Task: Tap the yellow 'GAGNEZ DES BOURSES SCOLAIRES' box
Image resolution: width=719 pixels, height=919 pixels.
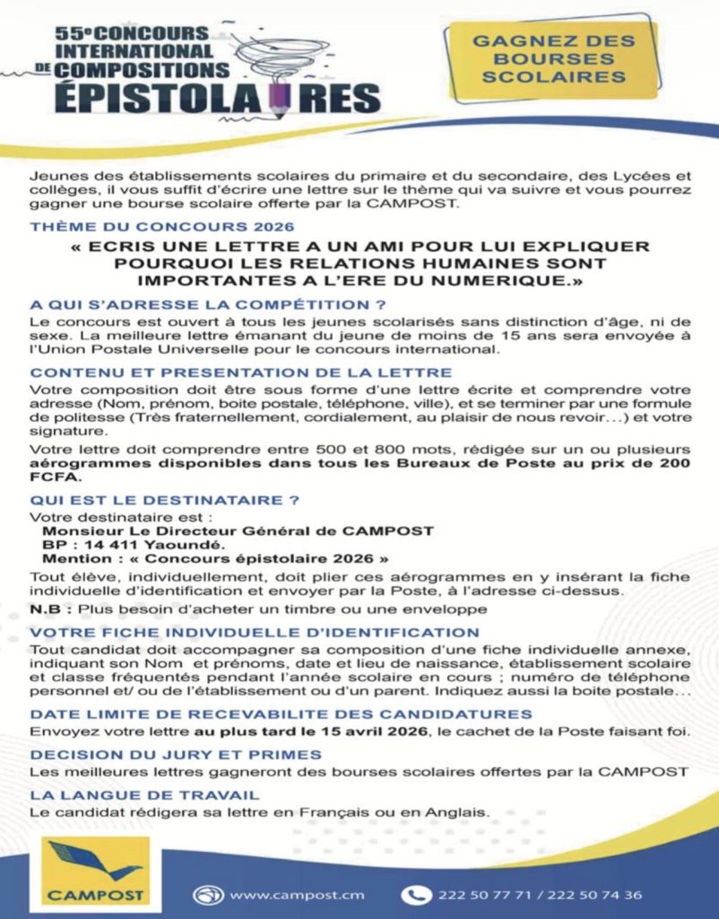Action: pyautogui.click(x=553, y=59)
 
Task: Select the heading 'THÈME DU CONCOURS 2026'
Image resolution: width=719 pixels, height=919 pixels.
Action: pyautogui.click(x=161, y=227)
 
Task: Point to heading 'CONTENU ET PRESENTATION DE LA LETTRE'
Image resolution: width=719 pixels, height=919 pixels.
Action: pyautogui.click(x=240, y=372)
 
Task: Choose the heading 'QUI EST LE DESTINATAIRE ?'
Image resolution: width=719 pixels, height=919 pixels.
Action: pyautogui.click(x=164, y=499)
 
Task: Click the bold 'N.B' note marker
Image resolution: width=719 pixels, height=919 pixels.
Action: pyautogui.click(x=45, y=609)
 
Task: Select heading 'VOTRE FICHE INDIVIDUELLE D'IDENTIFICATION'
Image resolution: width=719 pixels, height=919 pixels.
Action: pyautogui.click(x=254, y=633)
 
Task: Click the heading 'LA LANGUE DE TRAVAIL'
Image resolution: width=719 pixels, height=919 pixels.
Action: pyautogui.click(x=144, y=795)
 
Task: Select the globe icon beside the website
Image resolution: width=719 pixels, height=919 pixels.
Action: pyautogui.click(x=208, y=895)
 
